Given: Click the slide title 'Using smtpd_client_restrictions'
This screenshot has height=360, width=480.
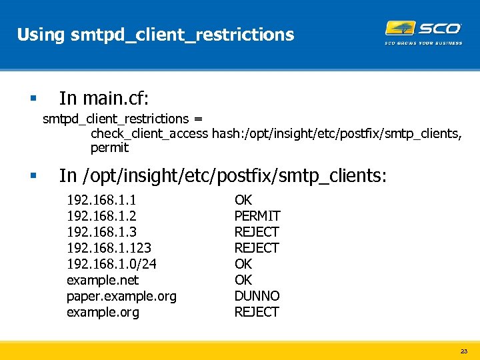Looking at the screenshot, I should [x=155, y=34].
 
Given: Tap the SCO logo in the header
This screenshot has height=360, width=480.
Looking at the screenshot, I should [x=423, y=31].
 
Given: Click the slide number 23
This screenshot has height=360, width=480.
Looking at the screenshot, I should [x=464, y=351].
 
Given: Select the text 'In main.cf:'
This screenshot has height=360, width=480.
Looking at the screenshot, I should [x=104, y=99].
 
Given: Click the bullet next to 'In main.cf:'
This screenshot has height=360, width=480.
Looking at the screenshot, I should [x=33, y=99].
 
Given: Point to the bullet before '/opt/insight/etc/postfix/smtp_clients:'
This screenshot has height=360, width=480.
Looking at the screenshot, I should [x=33, y=176].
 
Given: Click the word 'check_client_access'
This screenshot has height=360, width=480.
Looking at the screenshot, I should [x=149, y=134].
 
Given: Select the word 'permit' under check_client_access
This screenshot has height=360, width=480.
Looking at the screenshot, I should [x=109, y=147].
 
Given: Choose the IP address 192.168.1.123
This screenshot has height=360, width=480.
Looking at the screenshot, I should [x=109, y=248].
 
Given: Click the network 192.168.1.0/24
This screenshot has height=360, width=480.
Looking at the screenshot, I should [x=112, y=264].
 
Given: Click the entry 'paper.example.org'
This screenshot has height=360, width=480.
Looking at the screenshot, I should [x=121, y=296].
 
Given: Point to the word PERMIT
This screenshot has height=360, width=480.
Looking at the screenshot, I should [x=257, y=216].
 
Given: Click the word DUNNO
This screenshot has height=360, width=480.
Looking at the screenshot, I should [x=257, y=296].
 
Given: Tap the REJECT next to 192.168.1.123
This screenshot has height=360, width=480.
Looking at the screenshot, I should [x=257, y=248].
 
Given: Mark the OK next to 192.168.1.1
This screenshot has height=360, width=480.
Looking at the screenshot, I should [x=243, y=200].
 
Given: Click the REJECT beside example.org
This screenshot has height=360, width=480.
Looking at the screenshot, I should [x=257, y=312].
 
